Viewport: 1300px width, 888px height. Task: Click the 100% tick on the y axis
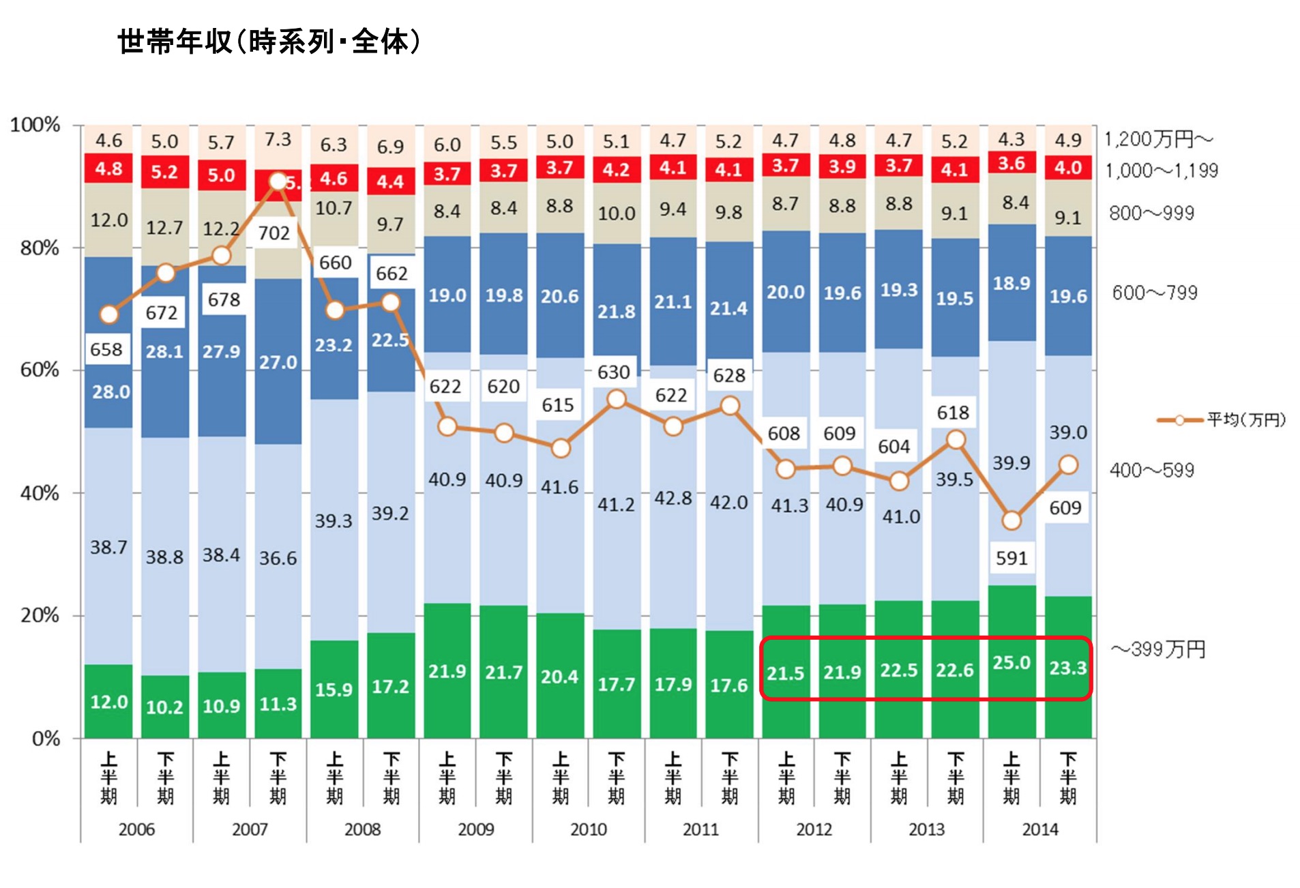click(35, 125)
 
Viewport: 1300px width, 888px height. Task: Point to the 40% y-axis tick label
click(40, 493)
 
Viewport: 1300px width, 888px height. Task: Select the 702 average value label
click(274, 233)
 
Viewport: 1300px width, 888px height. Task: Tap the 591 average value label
click(1011, 558)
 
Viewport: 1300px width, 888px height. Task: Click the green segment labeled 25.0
click(1011, 662)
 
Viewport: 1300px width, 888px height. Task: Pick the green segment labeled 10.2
click(164, 707)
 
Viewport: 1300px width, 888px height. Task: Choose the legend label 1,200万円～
click(1158, 139)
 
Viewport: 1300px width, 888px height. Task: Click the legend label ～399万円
click(1158, 649)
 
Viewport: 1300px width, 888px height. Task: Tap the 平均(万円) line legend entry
click(1221, 419)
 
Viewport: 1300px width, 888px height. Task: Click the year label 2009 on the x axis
click(475, 829)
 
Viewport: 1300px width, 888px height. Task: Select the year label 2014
click(1039, 829)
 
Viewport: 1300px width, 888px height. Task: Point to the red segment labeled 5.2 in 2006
click(164, 171)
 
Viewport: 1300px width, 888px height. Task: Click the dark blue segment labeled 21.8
click(616, 312)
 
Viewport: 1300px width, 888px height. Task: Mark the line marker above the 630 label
click(616, 399)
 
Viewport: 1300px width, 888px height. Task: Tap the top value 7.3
click(278, 140)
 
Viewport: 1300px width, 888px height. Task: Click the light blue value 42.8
click(673, 498)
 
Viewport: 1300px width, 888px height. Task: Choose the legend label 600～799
click(1154, 293)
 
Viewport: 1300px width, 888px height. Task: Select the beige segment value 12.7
click(164, 227)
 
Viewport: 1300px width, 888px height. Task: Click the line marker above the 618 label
click(956, 439)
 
